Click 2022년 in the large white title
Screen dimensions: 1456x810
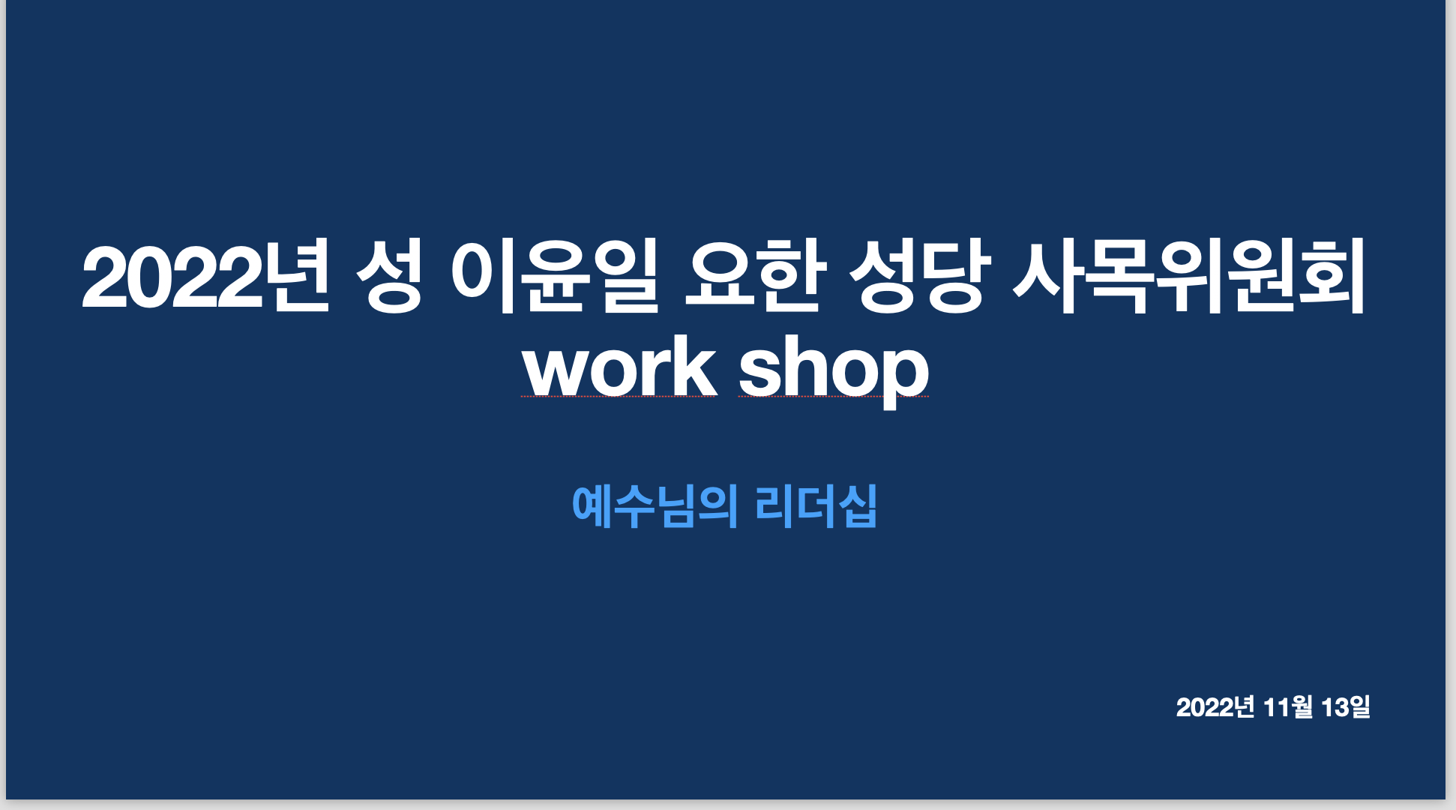(x=205, y=275)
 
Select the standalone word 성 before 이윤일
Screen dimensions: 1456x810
(x=389, y=275)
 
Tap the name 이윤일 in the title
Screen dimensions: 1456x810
(x=555, y=275)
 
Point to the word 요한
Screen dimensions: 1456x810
(x=756, y=275)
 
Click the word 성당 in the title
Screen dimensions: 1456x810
(x=916, y=275)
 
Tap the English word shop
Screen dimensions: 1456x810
(x=834, y=371)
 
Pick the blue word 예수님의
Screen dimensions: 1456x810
(x=655, y=506)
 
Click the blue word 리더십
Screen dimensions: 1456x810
(x=816, y=506)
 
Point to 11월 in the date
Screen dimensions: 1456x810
(x=1288, y=707)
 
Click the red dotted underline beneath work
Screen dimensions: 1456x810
(x=619, y=397)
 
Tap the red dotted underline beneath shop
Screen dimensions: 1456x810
(x=834, y=397)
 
